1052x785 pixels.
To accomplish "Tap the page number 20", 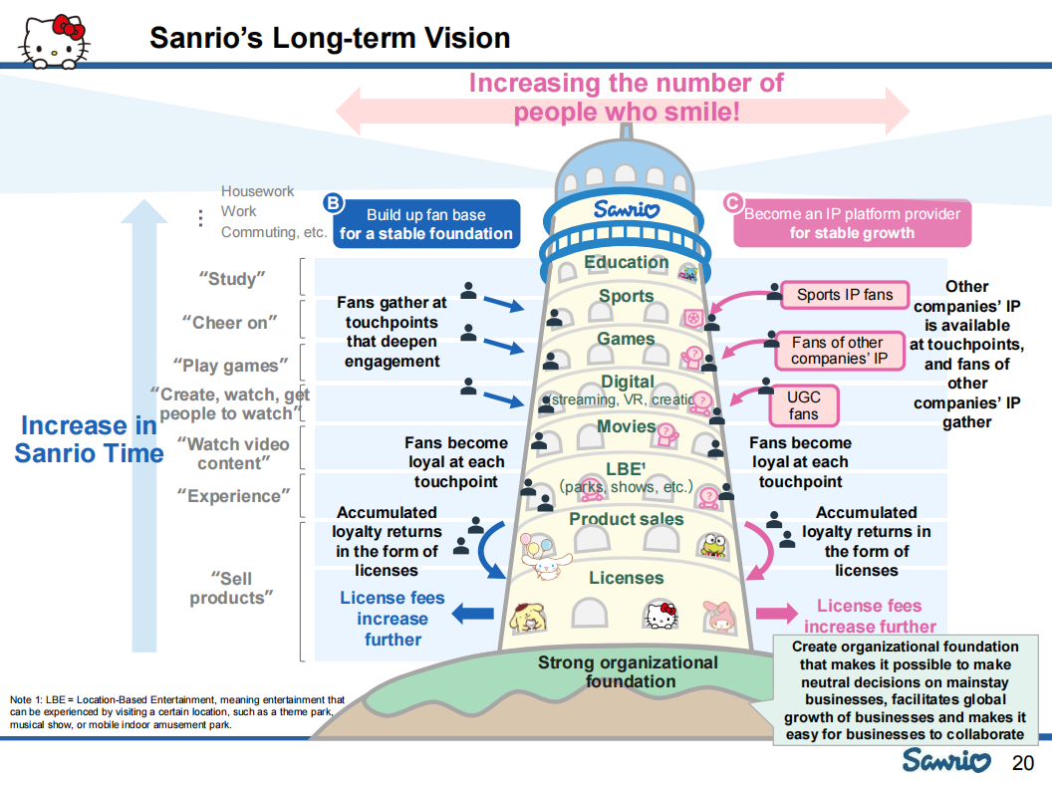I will (1023, 763).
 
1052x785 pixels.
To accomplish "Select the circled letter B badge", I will (334, 203).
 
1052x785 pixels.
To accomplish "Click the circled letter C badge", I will (732, 203).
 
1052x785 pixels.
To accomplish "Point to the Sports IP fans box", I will (844, 295).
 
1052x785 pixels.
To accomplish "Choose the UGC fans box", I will (803, 405).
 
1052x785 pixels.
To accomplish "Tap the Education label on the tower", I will (626, 262).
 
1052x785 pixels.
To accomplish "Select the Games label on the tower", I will (626, 339).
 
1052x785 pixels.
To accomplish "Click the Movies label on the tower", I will (626, 426).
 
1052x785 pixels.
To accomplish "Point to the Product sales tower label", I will (626, 519).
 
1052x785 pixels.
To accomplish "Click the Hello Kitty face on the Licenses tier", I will (661, 617).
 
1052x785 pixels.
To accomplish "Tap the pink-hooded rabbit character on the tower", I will (721, 617).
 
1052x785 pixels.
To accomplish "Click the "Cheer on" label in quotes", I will (230, 323).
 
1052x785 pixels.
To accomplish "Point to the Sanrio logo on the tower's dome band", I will (626, 210).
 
